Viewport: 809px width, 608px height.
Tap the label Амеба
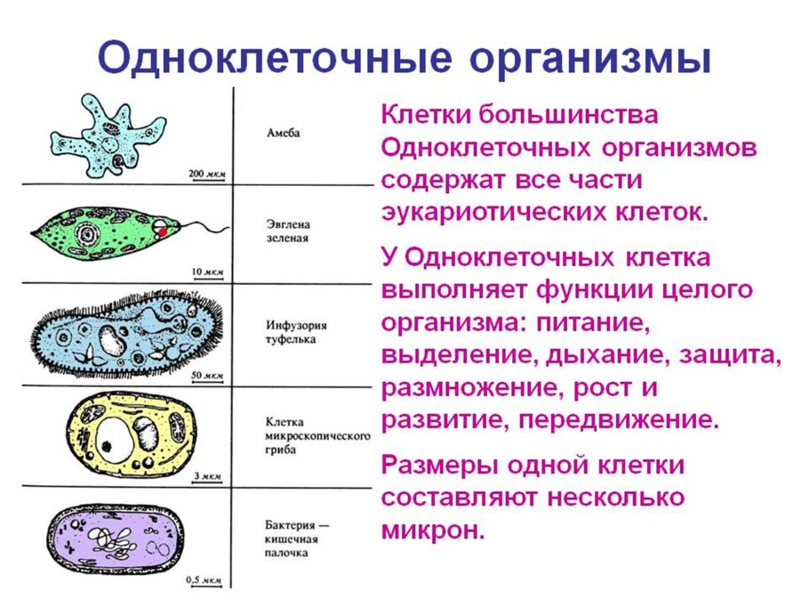(x=283, y=134)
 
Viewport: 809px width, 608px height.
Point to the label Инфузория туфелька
(x=292, y=331)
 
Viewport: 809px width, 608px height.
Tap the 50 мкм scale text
(x=208, y=376)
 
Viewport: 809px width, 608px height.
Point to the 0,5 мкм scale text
(x=204, y=580)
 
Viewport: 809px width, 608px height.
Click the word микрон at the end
(x=433, y=531)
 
